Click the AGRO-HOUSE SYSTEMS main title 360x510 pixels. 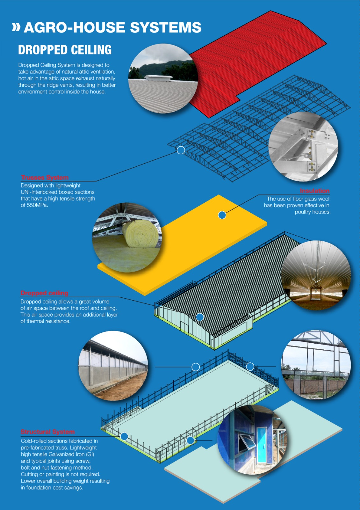click(x=112, y=27)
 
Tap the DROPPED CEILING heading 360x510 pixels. click(x=65, y=50)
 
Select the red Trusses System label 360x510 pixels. click(x=45, y=177)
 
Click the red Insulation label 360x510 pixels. click(x=314, y=191)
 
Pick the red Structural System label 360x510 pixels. click(x=47, y=432)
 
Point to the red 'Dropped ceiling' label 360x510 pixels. click(x=44, y=293)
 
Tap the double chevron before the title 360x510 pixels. click(x=16, y=27)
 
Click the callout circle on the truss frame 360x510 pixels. click(x=181, y=150)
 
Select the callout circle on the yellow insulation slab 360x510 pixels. click(x=222, y=215)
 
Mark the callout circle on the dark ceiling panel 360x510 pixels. click(x=200, y=317)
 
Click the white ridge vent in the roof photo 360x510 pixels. click(x=158, y=78)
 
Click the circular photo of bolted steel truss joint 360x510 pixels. click(x=303, y=147)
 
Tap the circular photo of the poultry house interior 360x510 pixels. click(x=316, y=275)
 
